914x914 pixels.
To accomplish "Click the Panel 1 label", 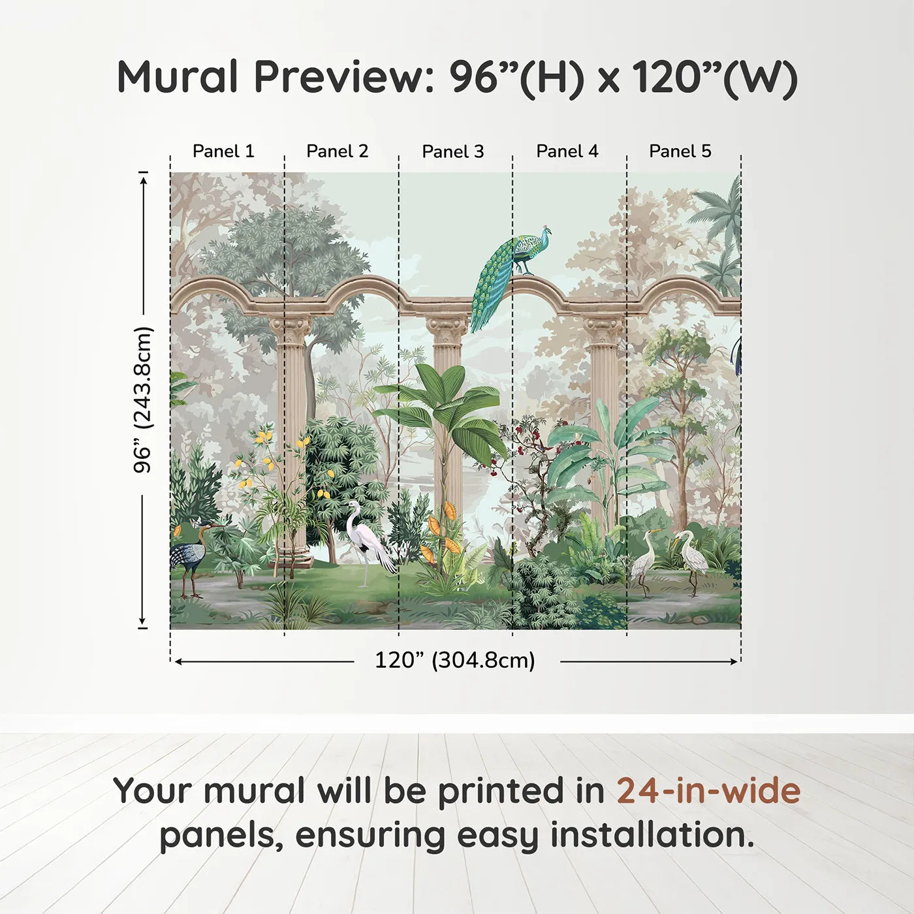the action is pyautogui.click(x=223, y=151).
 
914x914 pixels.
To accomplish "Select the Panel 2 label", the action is pyautogui.click(x=338, y=151).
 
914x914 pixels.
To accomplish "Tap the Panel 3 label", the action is pyautogui.click(x=453, y=151).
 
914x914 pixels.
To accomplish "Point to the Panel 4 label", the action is pyautogui.click(x=567, y=151).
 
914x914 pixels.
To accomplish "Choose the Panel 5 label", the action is pyautogui.click(x=680, y=151).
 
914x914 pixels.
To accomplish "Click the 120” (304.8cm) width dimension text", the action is pyautogui.click(x=455, y=660).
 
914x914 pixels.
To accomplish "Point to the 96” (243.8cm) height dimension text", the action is pyautogui.click(x=142, y=400).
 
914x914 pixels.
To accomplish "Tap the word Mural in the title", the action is pyautogui.click(x=178, y=77).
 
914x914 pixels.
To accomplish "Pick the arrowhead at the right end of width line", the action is pyautogui.click(x=734, y=661).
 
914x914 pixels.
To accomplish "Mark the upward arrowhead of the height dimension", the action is pyautogui.click(x=143, y=179).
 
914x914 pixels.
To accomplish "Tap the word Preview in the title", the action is pyautogui.click(x=344, y=77).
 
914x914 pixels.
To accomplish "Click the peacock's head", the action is pyautogui.click(x=548, y=230).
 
